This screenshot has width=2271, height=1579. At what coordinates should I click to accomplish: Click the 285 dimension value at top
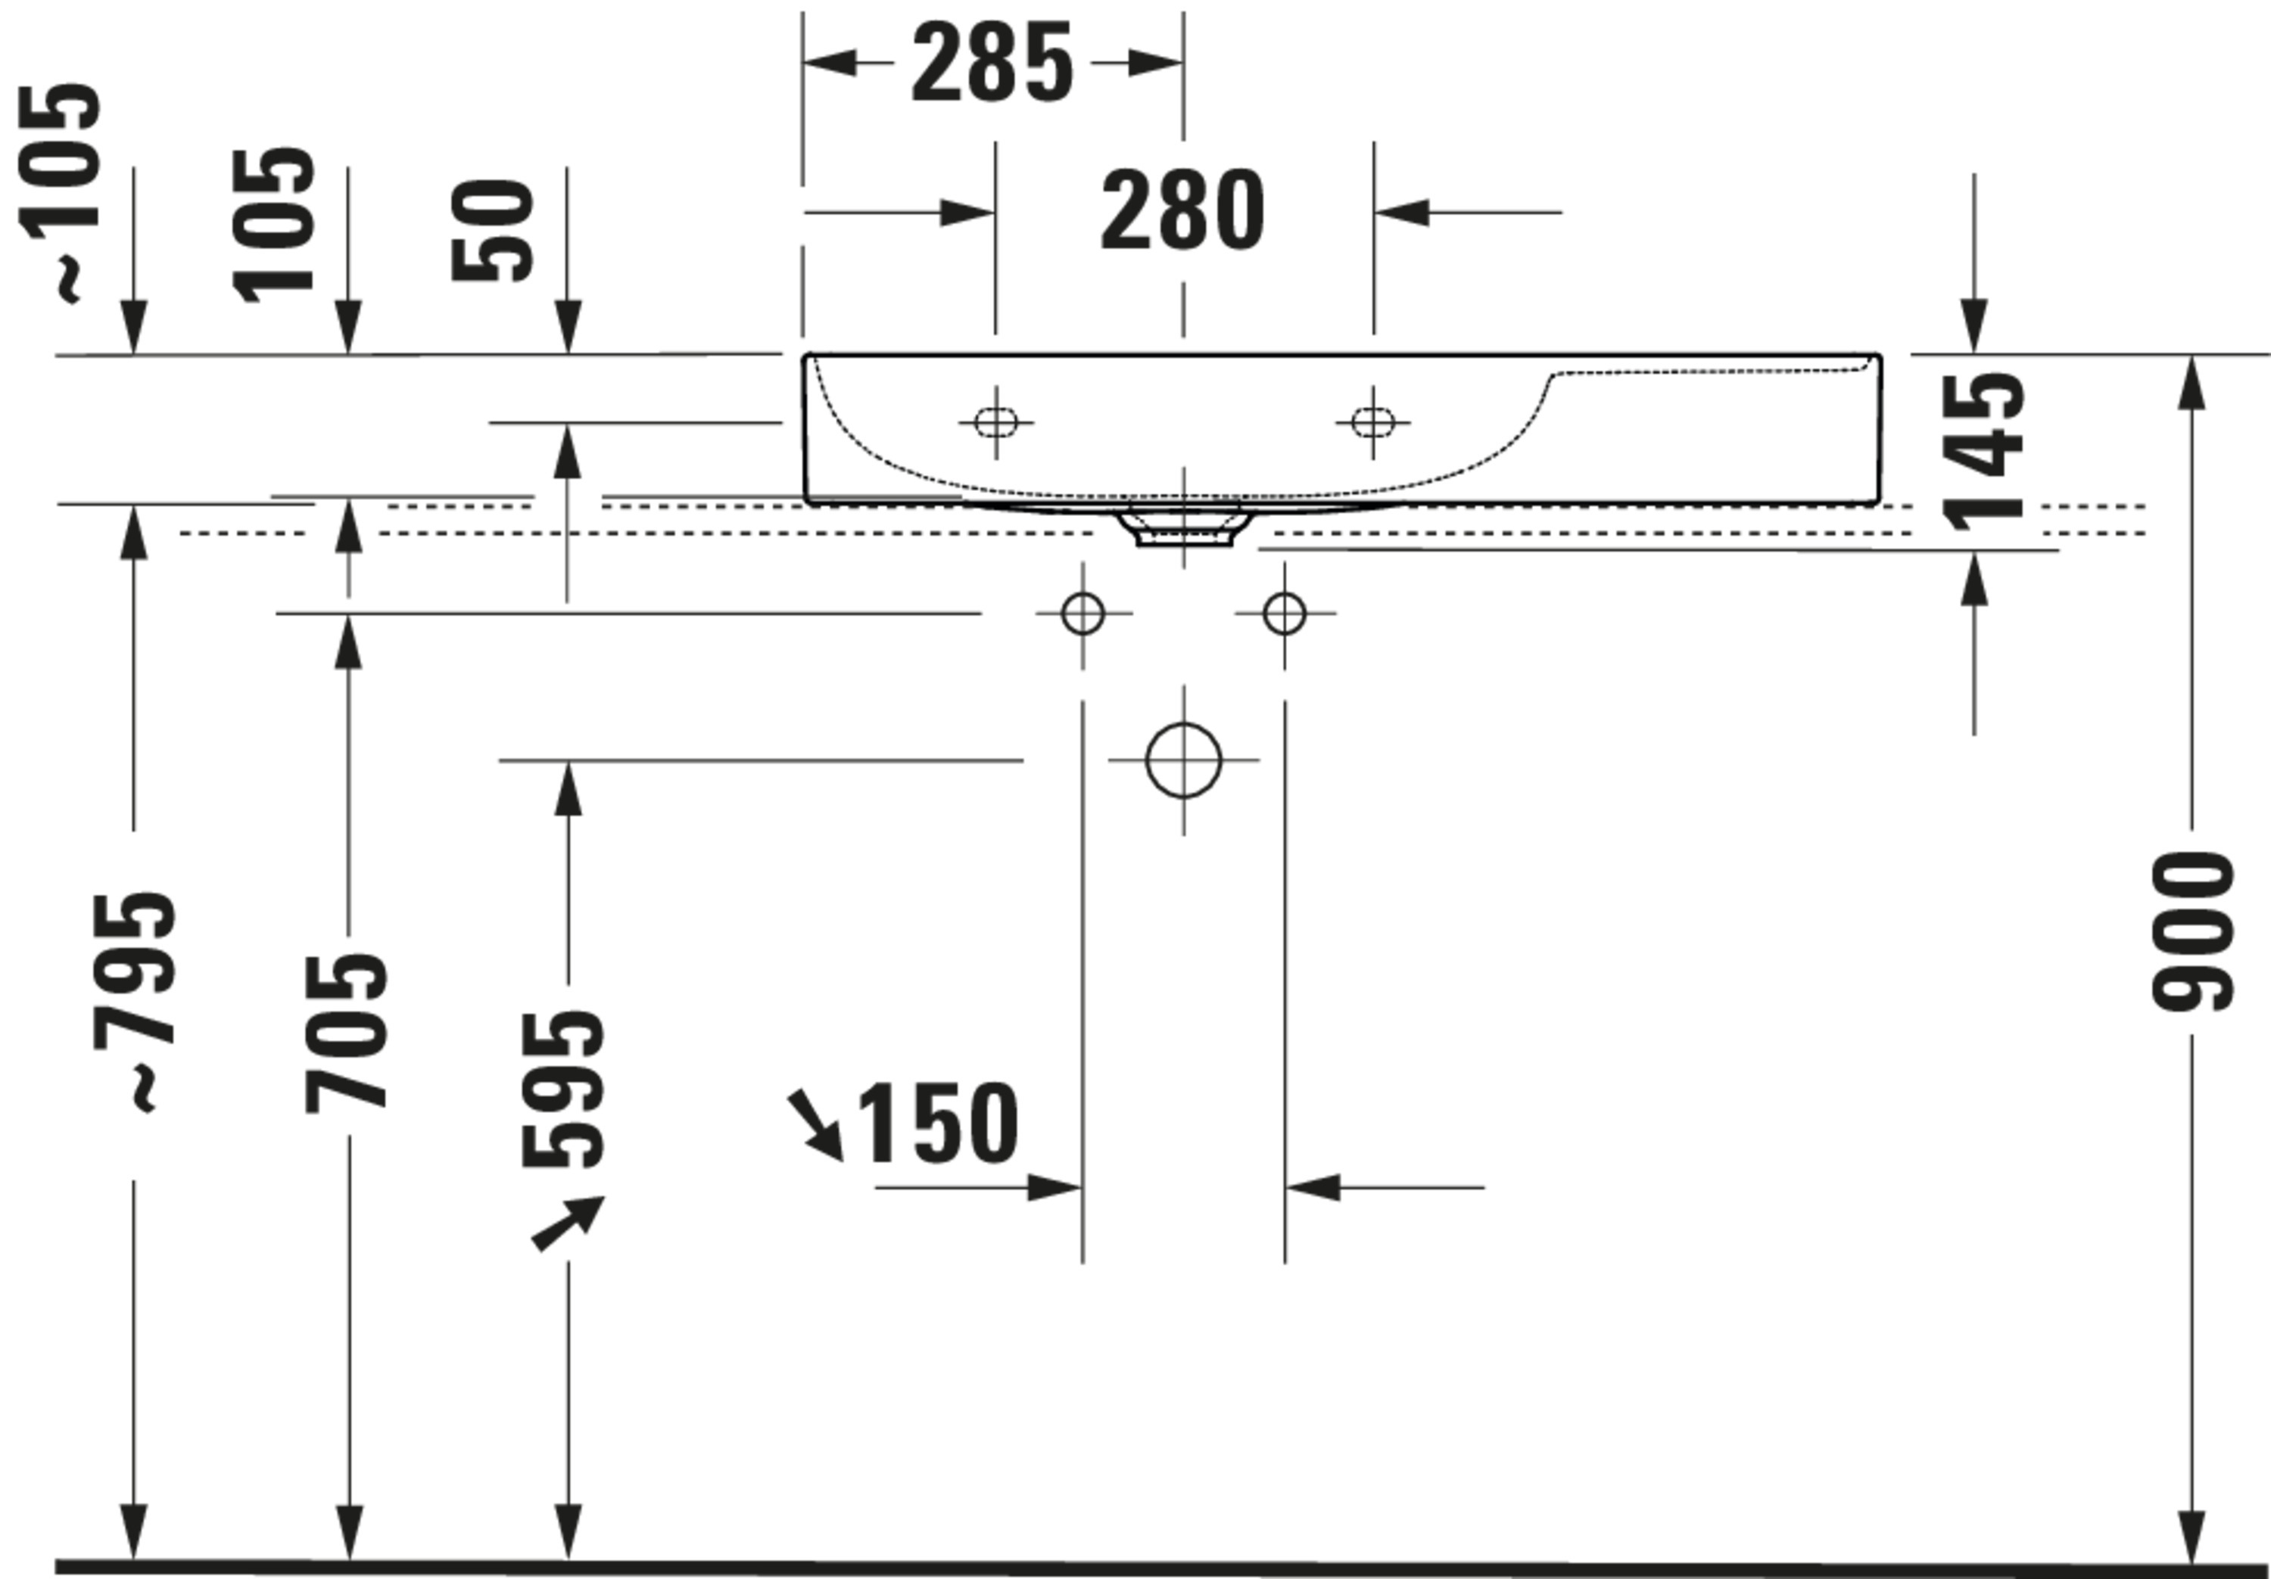(x=991, y=64)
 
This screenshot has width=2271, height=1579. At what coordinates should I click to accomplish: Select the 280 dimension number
(x=1183, y=210)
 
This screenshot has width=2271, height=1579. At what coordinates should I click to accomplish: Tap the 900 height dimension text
(x=2193, y=932)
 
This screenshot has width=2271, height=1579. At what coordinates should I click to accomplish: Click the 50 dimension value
(x=493, y=230)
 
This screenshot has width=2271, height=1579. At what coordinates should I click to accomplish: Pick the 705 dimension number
(x=346, y=1033)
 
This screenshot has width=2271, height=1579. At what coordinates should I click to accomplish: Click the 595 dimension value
(x=562, y=1088)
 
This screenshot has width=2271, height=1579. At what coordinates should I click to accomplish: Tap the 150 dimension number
(x=938, y=1124)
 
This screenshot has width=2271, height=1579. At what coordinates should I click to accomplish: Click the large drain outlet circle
(x=1183, y=760)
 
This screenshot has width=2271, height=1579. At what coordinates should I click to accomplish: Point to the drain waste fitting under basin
(x=1183, y=525)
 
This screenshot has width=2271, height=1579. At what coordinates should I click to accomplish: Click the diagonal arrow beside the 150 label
(x=815, y=1125)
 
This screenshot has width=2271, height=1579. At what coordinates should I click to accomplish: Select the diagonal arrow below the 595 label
(x=568, y=1223)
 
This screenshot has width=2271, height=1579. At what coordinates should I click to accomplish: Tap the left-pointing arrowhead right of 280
(x=1401, y=212)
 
